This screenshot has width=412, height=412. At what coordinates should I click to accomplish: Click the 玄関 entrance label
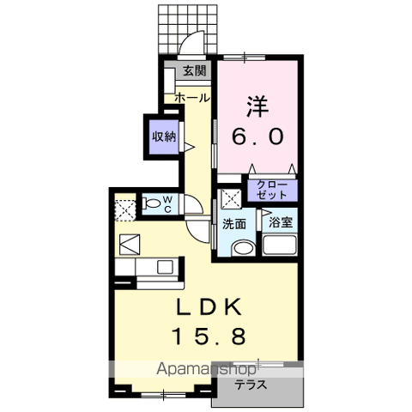[x=195, y=71]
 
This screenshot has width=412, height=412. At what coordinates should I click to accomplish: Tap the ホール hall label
[x=191, y=98]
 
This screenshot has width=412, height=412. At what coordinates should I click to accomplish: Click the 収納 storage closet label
[x=165, y=136]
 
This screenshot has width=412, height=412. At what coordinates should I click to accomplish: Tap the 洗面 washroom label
[x=234, y=223]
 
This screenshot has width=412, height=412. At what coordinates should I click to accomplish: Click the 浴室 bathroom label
[x=280, y=222]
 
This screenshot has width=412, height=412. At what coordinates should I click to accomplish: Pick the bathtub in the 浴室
[x=280, y=246]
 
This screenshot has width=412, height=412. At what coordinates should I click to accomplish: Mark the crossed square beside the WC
[x=124, y=208]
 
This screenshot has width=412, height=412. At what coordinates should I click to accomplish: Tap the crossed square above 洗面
[x=229, y=200]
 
